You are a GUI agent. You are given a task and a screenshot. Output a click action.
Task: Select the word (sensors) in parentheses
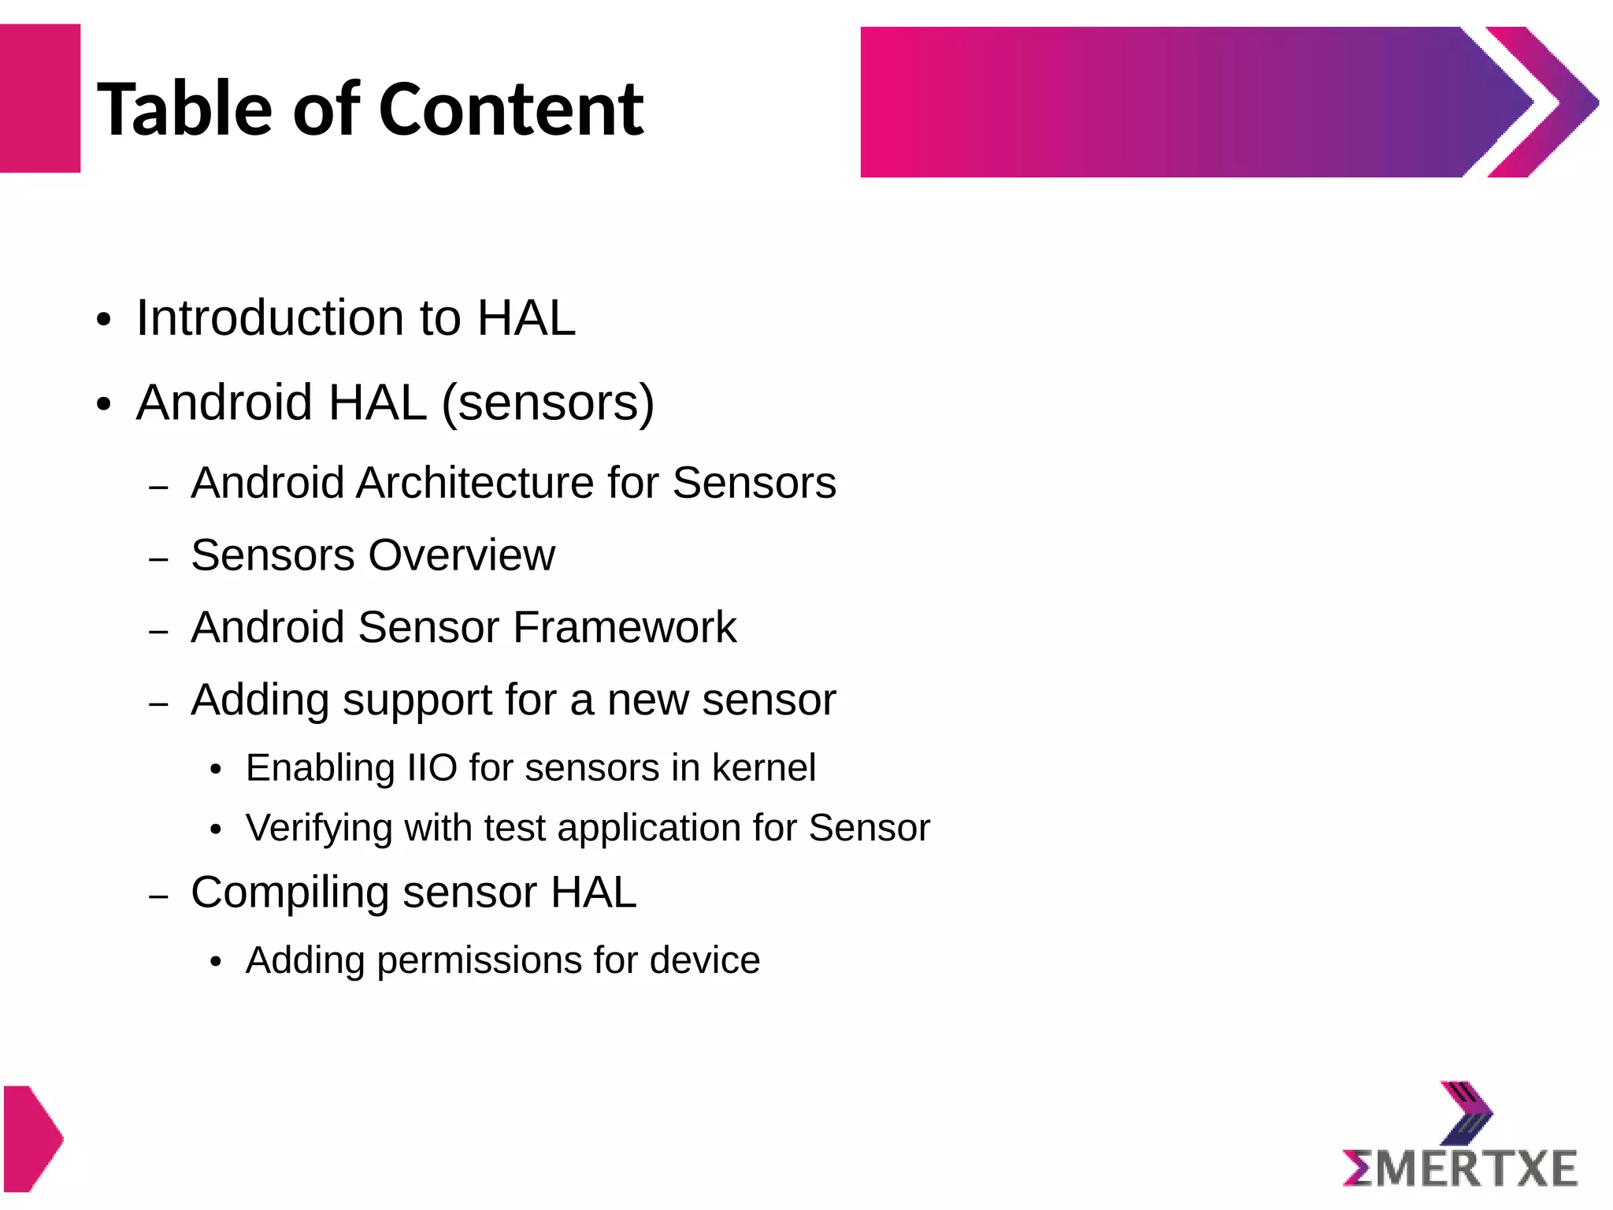click(548, 403)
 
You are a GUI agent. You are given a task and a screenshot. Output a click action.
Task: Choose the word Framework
click(625, 628)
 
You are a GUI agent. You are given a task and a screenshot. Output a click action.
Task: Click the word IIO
click(432, 768)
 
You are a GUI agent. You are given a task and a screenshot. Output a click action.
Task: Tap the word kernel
click(764, 768)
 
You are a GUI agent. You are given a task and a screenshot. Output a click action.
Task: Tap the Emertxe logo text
click(1461, 1168)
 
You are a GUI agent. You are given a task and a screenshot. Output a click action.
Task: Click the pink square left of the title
click(39, 98)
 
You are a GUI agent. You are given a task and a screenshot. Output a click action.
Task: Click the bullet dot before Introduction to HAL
click(104, 321)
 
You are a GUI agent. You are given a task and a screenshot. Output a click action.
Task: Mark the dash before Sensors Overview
click(159, 560)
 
